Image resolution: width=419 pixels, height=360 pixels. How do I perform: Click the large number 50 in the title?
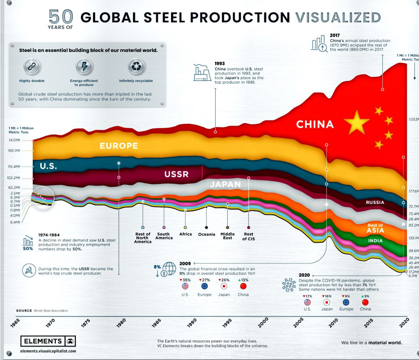61,17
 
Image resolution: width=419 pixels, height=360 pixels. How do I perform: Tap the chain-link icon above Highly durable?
32,67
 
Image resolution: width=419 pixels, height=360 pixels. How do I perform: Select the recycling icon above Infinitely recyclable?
136,67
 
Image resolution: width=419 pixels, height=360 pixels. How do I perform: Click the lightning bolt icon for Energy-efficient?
84,67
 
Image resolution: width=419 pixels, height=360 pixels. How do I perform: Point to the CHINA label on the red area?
315,125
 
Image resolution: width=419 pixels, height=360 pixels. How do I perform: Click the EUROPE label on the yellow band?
119,146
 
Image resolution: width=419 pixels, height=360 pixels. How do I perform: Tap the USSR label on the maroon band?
176,174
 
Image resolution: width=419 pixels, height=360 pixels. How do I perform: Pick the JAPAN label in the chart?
225,184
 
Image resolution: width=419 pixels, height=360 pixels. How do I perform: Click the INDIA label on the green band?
375,241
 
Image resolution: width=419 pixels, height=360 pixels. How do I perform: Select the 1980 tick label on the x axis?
121,323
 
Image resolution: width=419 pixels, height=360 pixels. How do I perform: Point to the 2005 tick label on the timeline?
298,323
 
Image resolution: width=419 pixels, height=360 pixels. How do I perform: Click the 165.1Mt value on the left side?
14,151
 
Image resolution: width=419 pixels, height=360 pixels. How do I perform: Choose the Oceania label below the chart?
207,234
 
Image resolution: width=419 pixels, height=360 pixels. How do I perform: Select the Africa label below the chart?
186,234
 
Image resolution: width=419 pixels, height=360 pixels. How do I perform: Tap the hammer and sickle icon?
29,271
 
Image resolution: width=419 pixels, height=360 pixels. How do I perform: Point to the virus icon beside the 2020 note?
289,284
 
